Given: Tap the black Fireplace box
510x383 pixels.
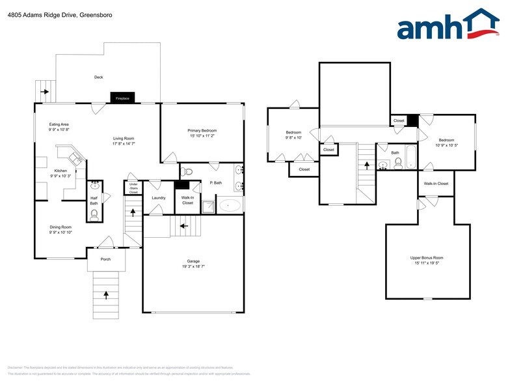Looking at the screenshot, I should tap(122, 98).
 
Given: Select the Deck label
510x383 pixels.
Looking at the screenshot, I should tap(98, 77).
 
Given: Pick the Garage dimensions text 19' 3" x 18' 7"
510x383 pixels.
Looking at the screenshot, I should tap(193, 266).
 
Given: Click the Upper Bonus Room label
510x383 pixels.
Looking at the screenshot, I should tap(427, 258).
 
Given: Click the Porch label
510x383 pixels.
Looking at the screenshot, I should tap(105, 259).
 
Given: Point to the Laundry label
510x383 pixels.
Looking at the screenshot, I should tap(158, 198).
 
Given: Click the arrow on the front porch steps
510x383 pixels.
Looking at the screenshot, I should tap(105, 293).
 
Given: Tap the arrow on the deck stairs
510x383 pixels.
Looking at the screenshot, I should tap(45, 91).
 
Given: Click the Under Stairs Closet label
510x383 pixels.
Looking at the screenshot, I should tap(133, 188).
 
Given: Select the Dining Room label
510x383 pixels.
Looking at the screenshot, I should tap(60, 227).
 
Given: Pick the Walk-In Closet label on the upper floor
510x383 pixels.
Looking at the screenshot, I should tap(436, 184).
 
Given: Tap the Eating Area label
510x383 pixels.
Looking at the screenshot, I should tap(59, 124).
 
